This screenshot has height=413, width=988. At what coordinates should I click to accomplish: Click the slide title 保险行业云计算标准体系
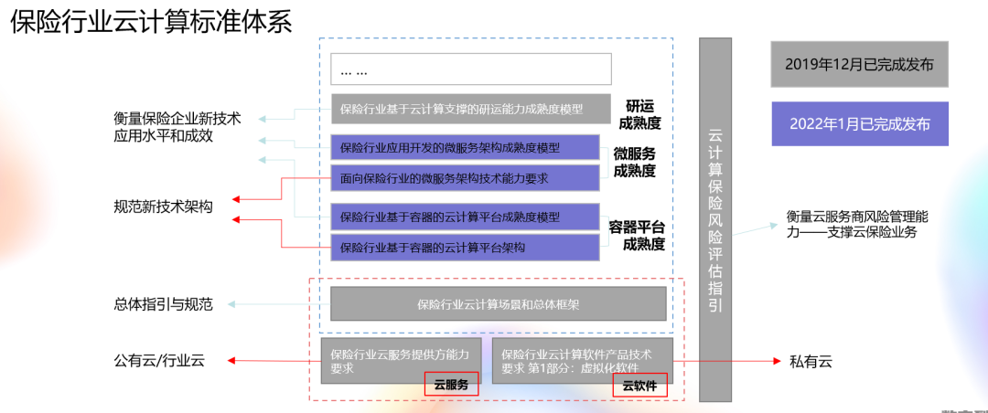pos(152,23)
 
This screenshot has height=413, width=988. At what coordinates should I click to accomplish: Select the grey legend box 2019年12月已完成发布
pos(859,64)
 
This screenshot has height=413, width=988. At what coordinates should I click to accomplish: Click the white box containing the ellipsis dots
pos(470,69)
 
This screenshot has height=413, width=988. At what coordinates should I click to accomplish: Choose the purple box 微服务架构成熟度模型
pos(465,147)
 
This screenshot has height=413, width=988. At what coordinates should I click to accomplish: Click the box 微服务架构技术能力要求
pos(465,178)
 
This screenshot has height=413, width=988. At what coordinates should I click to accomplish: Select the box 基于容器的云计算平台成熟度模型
pos(465,217)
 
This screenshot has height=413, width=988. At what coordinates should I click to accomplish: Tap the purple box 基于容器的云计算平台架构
pos(465,247)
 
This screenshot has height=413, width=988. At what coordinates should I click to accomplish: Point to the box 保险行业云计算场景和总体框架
pos(498,304)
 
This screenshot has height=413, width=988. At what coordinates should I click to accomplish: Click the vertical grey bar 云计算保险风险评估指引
pos(715,219)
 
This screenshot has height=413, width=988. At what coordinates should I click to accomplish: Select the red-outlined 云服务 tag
pos(450,385)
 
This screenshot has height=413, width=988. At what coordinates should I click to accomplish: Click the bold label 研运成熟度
pos(639,113)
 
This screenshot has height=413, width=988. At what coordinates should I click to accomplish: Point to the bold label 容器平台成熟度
pos(637,236)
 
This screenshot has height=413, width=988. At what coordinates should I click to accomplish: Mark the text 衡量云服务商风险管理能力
pos(857,225)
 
